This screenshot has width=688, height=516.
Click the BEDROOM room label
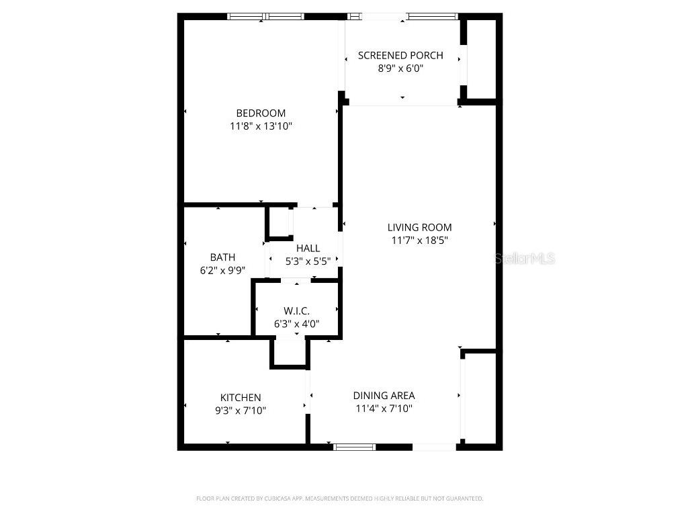[261, 113]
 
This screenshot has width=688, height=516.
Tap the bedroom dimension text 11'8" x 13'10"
[261, 126]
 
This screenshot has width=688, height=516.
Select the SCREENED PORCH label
[400, 55]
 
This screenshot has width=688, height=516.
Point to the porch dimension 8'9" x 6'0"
[400, 68]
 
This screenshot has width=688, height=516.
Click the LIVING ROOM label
[419, 227]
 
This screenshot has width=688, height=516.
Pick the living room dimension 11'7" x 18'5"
[419, 240]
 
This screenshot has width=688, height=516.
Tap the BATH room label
[222, 257]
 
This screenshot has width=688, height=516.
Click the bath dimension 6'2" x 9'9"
[222, 270]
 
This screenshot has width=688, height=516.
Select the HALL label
[308, 248]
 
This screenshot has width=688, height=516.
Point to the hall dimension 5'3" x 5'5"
[308, 261]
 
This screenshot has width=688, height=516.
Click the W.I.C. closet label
[296, 310]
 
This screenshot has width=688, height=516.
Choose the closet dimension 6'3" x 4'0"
[296, 323]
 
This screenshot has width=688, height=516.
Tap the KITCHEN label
[241, 398]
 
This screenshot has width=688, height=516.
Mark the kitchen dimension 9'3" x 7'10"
[241, 411]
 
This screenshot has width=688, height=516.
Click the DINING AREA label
[384, 395]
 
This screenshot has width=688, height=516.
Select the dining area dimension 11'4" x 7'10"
[384, 408]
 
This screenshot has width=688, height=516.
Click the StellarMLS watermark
[525, 258]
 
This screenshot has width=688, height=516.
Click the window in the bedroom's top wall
[265, 16]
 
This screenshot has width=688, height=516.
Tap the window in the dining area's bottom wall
[355, 446]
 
